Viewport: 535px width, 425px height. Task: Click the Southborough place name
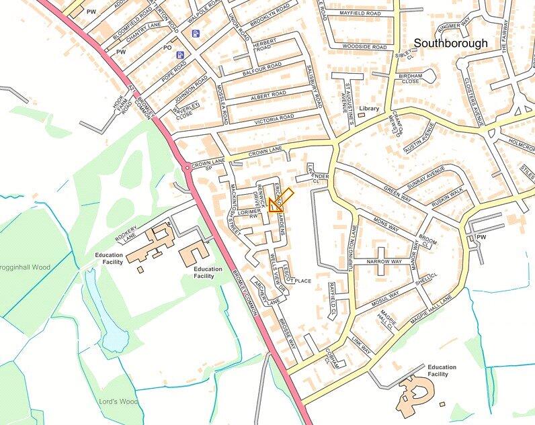coord(460,43)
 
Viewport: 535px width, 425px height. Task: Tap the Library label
coord(369,108)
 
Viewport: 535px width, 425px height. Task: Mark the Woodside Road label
coord(364,47)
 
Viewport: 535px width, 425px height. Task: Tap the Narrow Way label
coord(384,261)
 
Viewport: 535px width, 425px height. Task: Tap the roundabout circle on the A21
coord(186,167)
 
